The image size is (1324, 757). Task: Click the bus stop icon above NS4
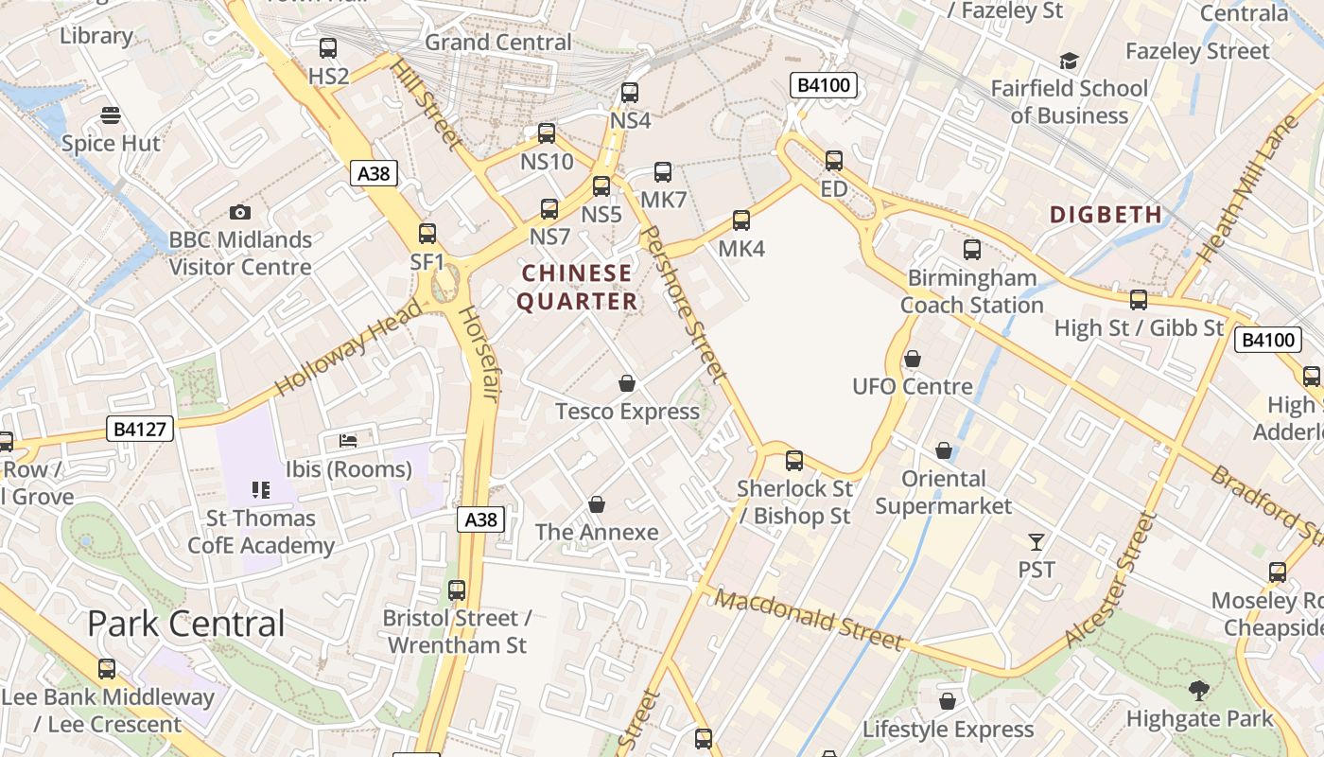pyautogui.click(x=630, y=93)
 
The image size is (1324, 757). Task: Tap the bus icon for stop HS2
pyautogui.click(x=328, y=47)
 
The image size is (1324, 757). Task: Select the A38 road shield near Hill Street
pyautogui.click(x=374, y=173)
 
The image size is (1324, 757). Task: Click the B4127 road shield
pyautogui.click(x=139, y=429)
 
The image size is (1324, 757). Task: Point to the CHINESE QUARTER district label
pyautogui.click(x=578, y=288)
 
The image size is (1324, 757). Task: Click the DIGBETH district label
pyautogui.click(x=1106, y=215)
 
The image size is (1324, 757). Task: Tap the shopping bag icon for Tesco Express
pyautogui.click(x=626, y=383)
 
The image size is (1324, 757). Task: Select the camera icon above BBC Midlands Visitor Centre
pyautogui.click(x=240, y=213)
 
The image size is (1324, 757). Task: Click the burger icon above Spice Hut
pyautogui.click(x=111, y=116)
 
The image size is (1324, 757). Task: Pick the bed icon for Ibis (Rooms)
pyautogui.click(x=348, y=441)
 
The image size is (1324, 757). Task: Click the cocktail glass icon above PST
pyautogui.click(x=1037, y=542)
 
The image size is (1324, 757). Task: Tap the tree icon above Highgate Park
pyautogui.click(x=1199, y=691)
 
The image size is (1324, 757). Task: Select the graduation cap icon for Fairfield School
pyautogui.click(x=1069, y=62)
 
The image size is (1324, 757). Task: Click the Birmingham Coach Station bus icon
pyautogui.click(x=972, y=250)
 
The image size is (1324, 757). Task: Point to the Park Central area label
pyautogui.click(x=185, y=624)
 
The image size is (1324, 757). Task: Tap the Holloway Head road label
pyautogui.click(x=348, y=349)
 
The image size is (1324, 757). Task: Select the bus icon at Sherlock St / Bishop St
pyautogui.click(x=794, y=461)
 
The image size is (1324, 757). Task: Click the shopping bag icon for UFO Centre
pyautogui.click(x=913, y=359)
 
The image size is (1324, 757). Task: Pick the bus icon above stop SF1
pyautogui.click(x=427, y=234)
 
